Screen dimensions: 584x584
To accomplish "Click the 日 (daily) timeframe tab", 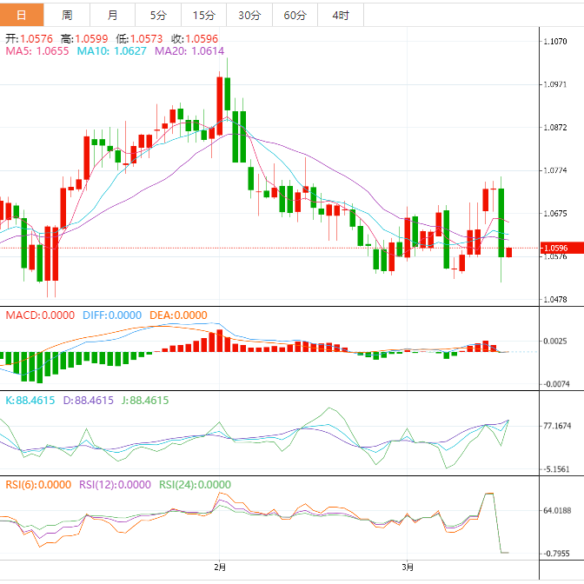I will [22, 16].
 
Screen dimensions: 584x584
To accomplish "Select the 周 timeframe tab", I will [68, 16].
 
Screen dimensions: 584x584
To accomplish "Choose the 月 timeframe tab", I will [113, 16].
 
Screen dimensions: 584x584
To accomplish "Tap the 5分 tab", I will [157, 16].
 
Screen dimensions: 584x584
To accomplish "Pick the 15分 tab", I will [203, 16].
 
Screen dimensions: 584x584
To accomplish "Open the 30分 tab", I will [249, 16].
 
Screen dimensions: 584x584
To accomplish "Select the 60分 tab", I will [295, 16].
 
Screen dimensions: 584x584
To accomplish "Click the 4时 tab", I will [341, 16].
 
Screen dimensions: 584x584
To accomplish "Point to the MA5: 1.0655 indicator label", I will [37, 52].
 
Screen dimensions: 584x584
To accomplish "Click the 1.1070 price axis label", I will [556, 42].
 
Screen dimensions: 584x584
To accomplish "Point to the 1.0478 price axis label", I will [556, 299].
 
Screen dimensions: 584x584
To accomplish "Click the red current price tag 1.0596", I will [555, 248].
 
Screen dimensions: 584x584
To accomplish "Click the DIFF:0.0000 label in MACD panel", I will [111, 315].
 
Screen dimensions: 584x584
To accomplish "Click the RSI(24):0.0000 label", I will [195, 485].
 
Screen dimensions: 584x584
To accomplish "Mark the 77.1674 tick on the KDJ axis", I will [557, 426].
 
